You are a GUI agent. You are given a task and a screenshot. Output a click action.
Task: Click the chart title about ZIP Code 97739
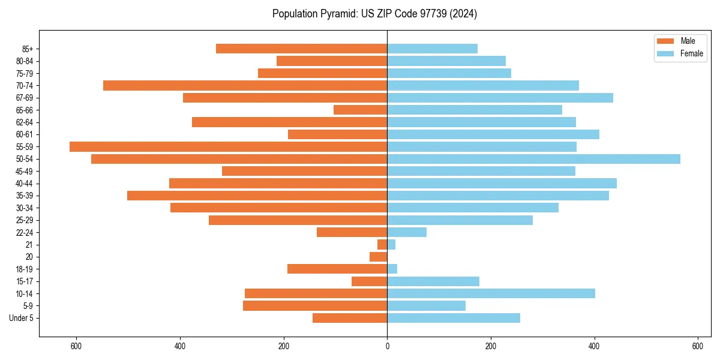tap(374, 14)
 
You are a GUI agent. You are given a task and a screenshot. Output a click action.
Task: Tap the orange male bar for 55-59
tap(228, 146)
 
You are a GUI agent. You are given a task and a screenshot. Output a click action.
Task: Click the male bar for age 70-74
tap(245, 85)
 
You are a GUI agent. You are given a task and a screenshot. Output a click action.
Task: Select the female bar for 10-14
tap(491, 293)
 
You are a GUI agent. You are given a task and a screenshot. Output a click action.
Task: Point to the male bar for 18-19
tap(337, 269)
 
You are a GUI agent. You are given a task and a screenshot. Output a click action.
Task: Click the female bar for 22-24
tap(407, 232)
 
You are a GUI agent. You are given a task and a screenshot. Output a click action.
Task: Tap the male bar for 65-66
tap(360, 110)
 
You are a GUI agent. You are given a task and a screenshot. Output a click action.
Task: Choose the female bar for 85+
tap(432, 49)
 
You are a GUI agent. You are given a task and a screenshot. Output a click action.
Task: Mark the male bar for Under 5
tap(350, 318)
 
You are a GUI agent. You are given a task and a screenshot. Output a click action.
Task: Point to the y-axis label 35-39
tap(25, 196)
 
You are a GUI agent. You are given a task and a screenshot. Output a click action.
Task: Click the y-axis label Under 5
tap(21, 318)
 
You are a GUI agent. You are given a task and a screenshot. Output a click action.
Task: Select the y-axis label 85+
tap(27, 49)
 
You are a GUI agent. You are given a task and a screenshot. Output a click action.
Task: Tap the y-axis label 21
tap(29, 245)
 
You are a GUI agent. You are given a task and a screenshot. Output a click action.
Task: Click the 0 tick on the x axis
tap(387, 347)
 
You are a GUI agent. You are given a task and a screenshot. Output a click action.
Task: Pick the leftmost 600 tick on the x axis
tap(76, 347)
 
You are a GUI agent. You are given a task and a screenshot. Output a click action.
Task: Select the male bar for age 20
tap(378, 257)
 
